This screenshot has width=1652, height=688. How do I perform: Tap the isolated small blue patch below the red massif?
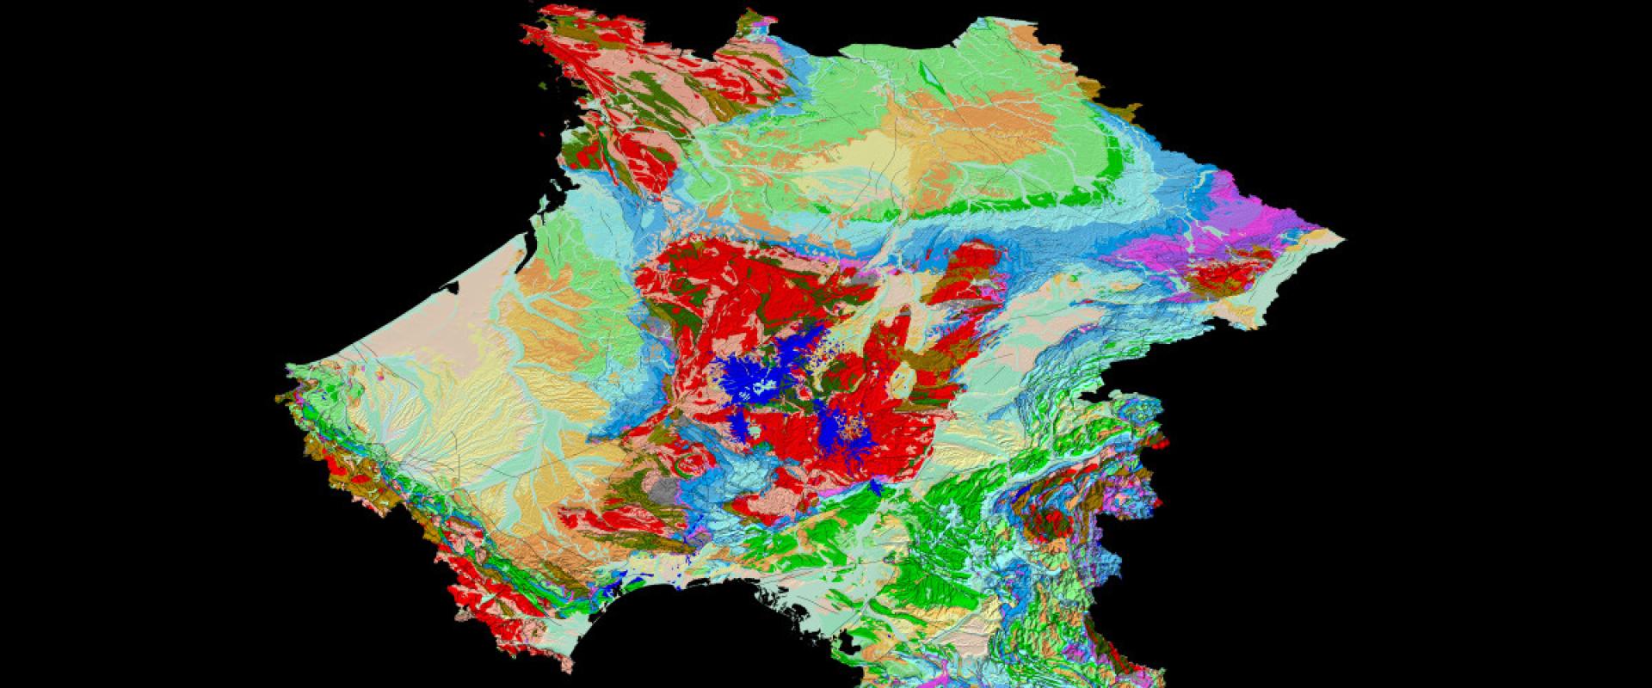(875, 488)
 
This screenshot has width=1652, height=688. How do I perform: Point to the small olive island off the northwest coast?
(545, 85)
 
